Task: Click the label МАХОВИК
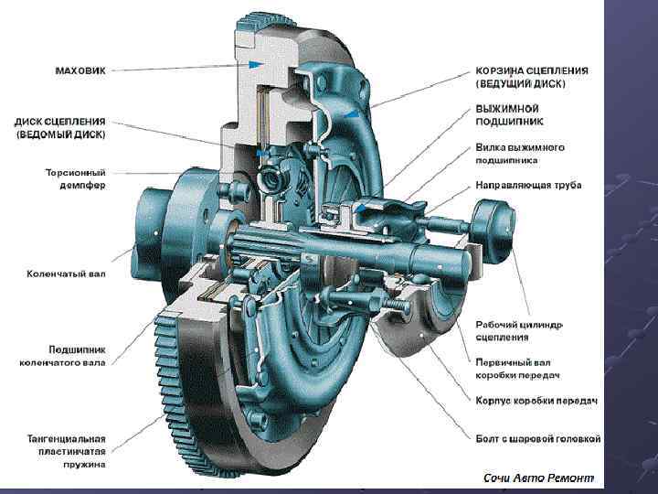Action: pyautogui.click(x=80, y=70)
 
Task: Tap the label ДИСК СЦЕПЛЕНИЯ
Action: pyautogui.click(x=59, y=122)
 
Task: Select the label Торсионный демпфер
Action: pyautogui.click(x=75, y=179)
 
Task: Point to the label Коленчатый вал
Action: pyautogui.click(x=66, y=274)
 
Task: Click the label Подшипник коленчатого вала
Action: pyautogui.click(x=62, y=356)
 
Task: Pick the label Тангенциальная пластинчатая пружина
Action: pyautogui.click(x=67, y=452)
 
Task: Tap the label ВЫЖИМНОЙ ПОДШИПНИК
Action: pyautogui.click(x=509, y=115)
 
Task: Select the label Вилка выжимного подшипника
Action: pyautogui.click(x=520, y=154)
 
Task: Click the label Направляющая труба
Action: pyautogui.click(x=528, y=185)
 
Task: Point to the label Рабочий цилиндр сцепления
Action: pyautogui.click(x=519, y=331)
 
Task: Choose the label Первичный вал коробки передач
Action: pyautogui.click(x=517, y=369)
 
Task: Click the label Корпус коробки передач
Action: pyautogui.click(x=536, y=401)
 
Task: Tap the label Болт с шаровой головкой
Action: pyautogui.click(x=538, y=439)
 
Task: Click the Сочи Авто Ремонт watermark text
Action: pyautogui.click(x=539, y=478)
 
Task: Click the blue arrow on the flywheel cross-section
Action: pyautogui.click(x=256, y=64)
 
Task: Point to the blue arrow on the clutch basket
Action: pyautogui.click(x=353, y=113)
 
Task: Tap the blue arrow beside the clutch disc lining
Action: pyautogui.click(x=262, y=154)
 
